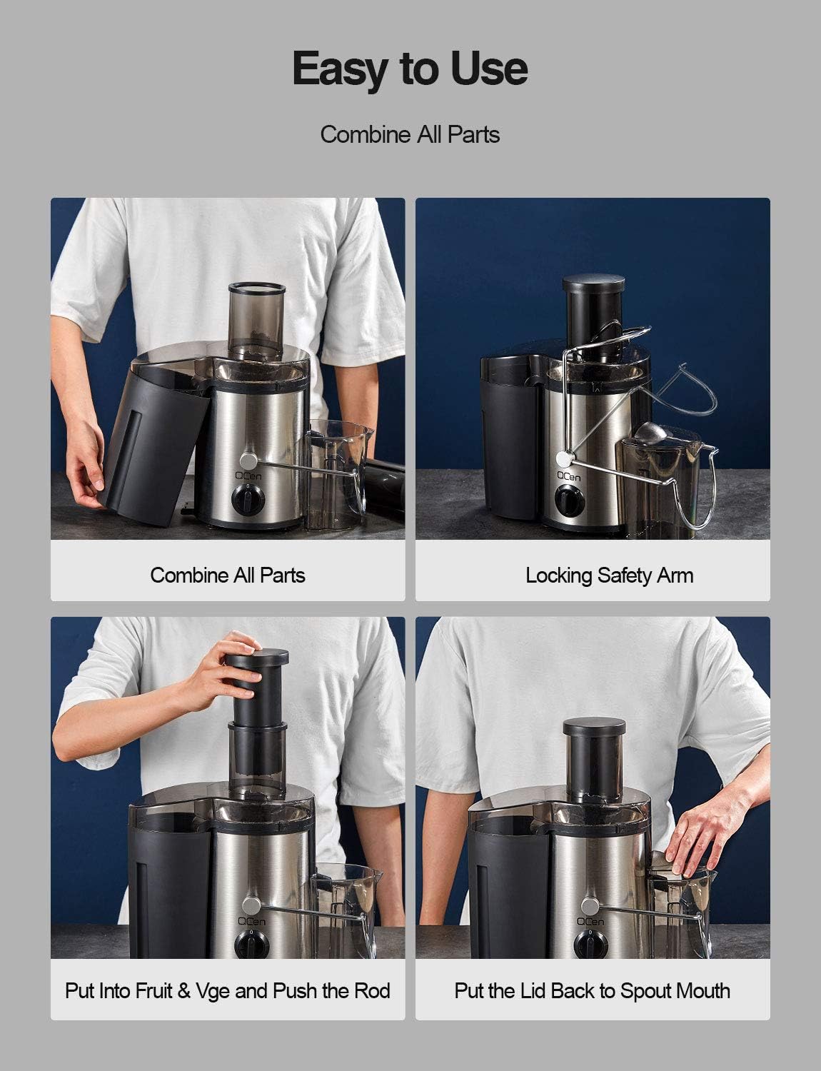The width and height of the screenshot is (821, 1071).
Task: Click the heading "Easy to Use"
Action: pos(410,69)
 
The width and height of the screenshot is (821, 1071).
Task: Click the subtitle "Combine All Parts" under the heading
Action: pos(410,134)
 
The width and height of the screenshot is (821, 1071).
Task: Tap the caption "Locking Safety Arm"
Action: pos(609,575)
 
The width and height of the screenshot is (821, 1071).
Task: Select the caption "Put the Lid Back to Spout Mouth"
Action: pos(592,991)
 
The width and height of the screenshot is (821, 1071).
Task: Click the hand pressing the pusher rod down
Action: pos(221,669)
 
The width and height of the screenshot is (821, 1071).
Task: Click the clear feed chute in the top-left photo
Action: pos(256,320)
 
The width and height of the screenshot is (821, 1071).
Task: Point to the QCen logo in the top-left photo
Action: pos(246,473)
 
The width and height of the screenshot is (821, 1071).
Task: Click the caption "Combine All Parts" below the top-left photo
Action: pos(228,575)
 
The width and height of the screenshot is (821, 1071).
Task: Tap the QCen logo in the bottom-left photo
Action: pos(251,922)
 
